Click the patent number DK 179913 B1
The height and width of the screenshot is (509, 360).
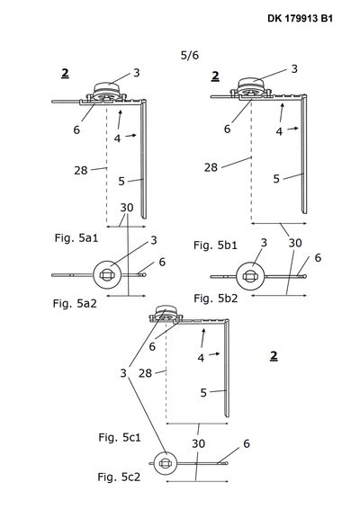pos(301,18)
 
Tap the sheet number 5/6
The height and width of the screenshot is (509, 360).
pos(190,55)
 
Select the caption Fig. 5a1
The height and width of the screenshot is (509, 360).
pos(76,238)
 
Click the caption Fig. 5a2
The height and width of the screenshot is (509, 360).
pos(75,304)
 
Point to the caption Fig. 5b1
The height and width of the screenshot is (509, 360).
pos(215,246)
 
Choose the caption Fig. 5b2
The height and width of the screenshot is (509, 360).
pos(216,298)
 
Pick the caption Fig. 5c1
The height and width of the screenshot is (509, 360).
pos(120,437)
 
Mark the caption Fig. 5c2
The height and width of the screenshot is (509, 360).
pos(119,477)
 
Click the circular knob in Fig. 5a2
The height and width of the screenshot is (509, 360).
pos(107,275)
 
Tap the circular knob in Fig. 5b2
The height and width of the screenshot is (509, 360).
pos(250,276)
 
